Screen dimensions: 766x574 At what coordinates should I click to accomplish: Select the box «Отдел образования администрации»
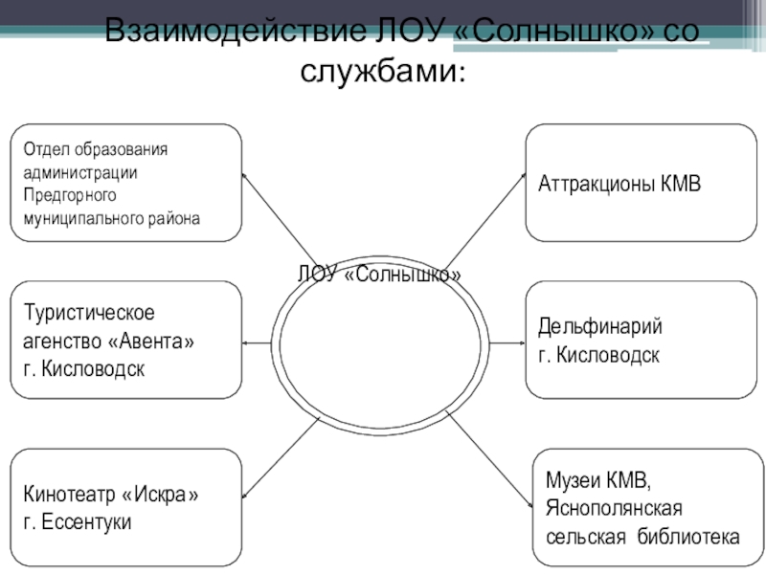point(125,182)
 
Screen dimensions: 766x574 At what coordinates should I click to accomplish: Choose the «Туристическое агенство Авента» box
point(125,340)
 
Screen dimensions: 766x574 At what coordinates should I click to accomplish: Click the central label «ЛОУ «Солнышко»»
point(379,275)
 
